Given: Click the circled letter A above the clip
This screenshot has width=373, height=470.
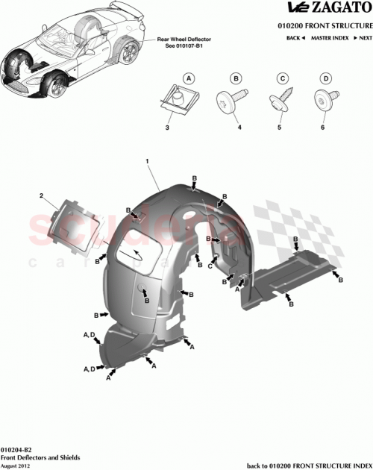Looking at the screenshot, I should [189, 78].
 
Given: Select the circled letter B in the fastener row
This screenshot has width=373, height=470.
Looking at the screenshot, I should [236, 78].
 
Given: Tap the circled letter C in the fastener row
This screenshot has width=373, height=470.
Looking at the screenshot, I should [283, 78].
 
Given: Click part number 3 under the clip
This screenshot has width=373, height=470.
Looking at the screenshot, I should [168, 128].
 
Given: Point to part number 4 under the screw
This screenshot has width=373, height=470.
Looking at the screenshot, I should [239, 128].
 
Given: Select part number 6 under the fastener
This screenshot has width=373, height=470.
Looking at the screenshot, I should [324, 128].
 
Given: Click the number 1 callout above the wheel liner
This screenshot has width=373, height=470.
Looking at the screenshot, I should [148, 161].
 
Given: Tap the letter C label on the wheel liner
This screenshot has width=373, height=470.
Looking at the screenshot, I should [211, 266].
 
